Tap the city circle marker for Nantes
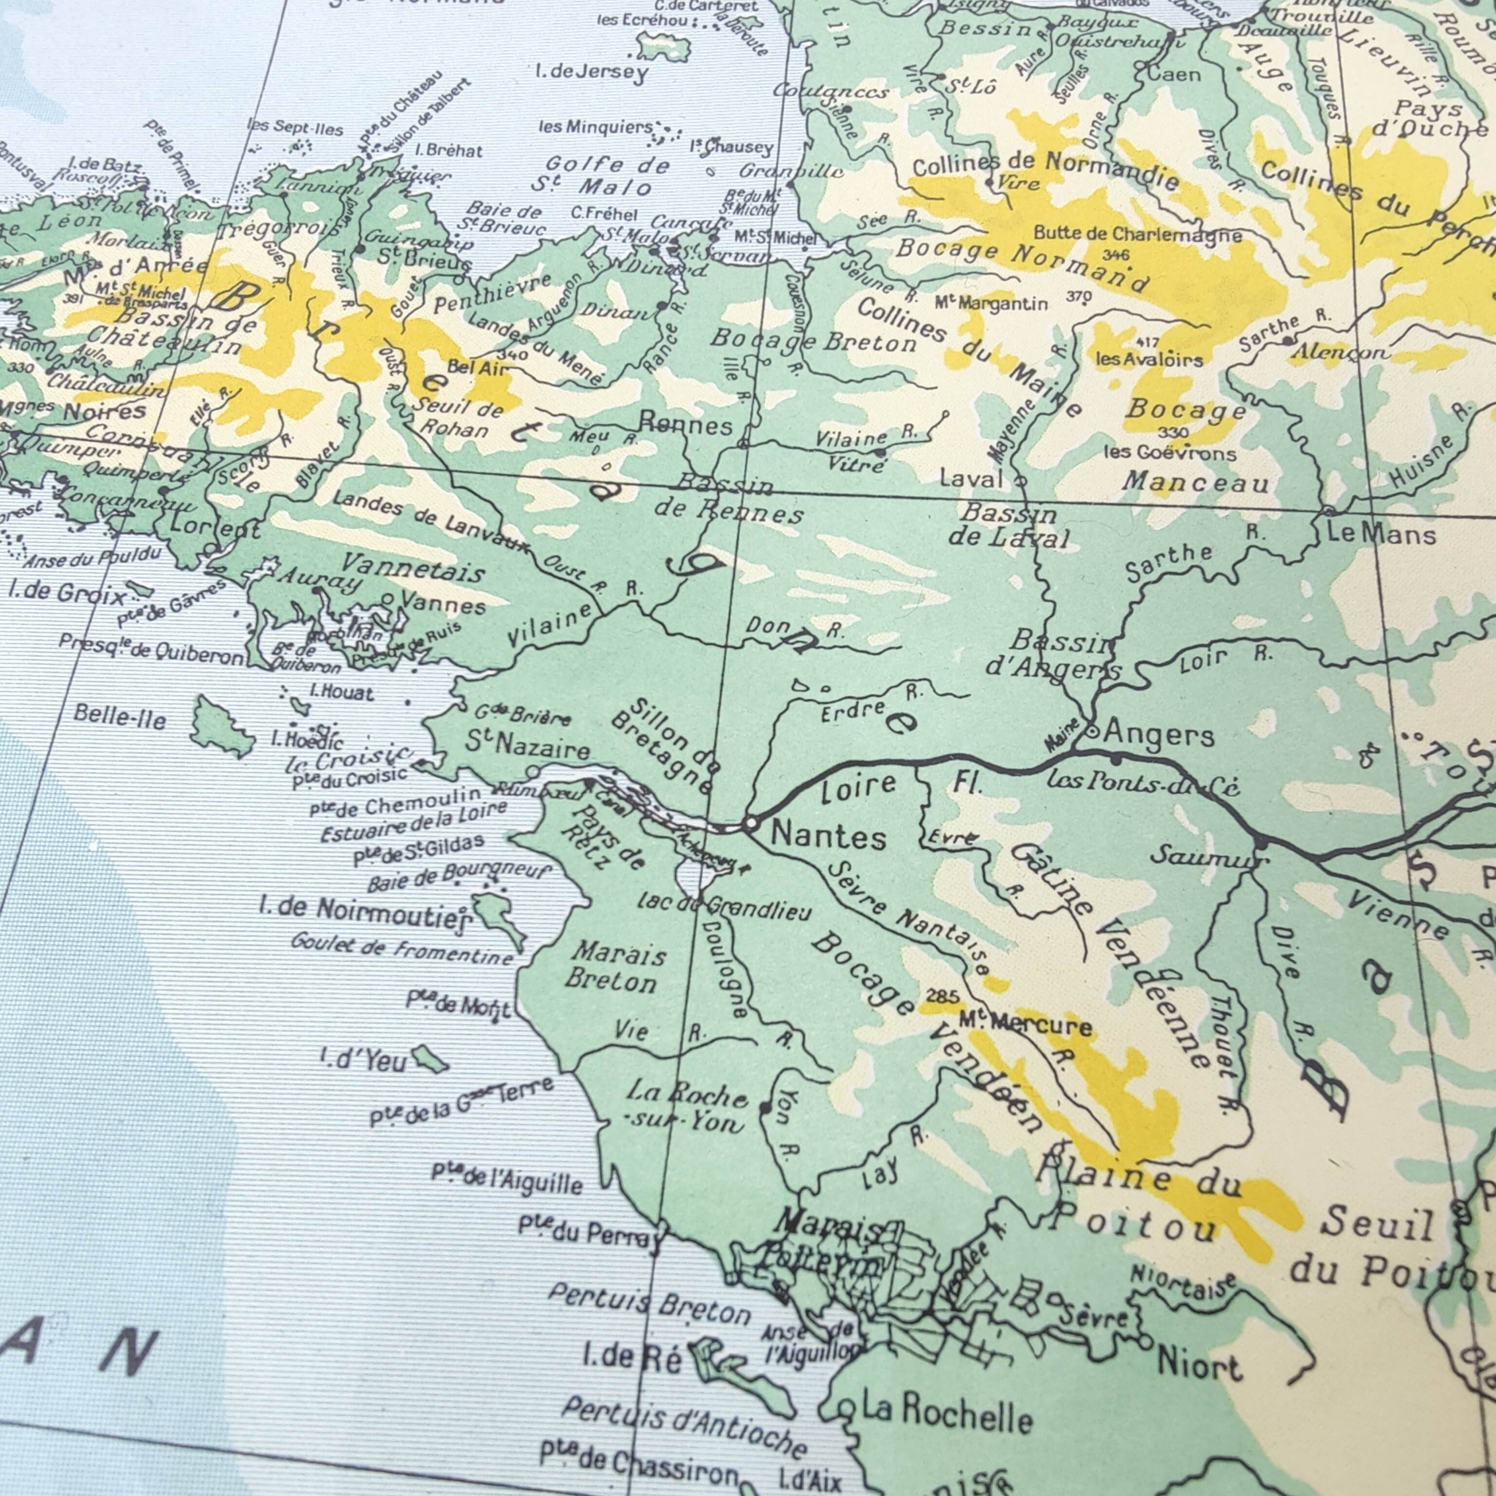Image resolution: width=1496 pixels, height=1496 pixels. [750, 824]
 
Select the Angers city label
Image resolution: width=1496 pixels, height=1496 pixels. [1159, 733]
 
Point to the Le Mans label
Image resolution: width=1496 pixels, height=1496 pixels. [1382, 534]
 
